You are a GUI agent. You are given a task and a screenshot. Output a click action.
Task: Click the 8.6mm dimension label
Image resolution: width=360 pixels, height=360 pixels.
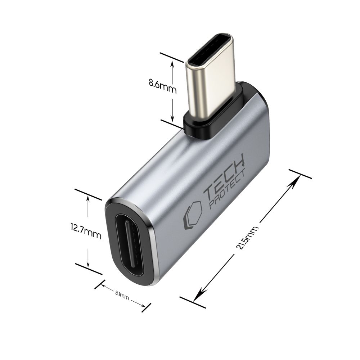tap(163, 88)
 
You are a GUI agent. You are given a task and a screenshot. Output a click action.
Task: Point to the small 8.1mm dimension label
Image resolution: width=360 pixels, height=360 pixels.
tap(122, 296)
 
